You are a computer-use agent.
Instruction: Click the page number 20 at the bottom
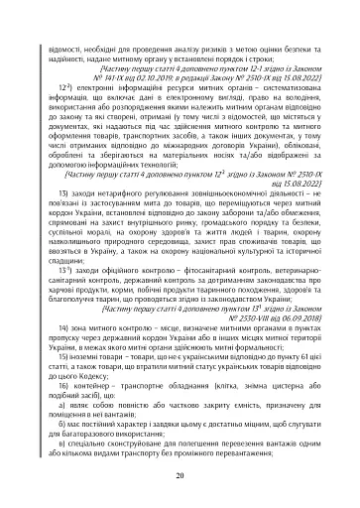180,475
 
